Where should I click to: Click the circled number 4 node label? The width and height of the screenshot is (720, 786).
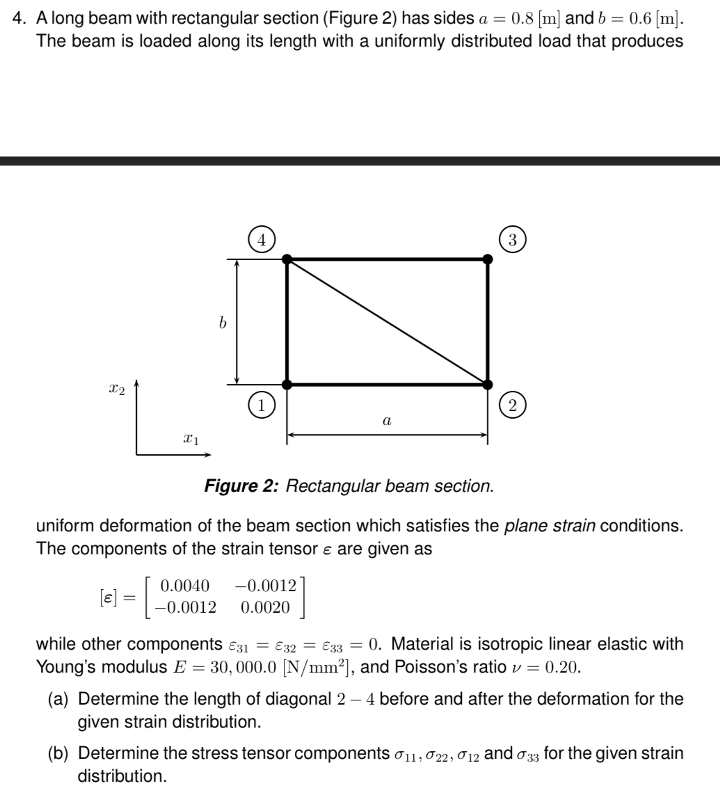click(262, 240)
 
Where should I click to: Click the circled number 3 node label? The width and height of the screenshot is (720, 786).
click(512, 240)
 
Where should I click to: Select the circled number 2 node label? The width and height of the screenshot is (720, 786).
click(512, 406)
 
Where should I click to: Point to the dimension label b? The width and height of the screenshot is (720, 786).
click(222, 323)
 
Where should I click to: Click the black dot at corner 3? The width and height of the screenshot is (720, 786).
click(488, 259)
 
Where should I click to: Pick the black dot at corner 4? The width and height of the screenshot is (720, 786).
click(287, 259)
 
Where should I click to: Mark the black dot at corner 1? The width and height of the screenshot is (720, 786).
click(287, 384)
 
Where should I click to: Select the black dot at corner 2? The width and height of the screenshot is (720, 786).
click(488, 384)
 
